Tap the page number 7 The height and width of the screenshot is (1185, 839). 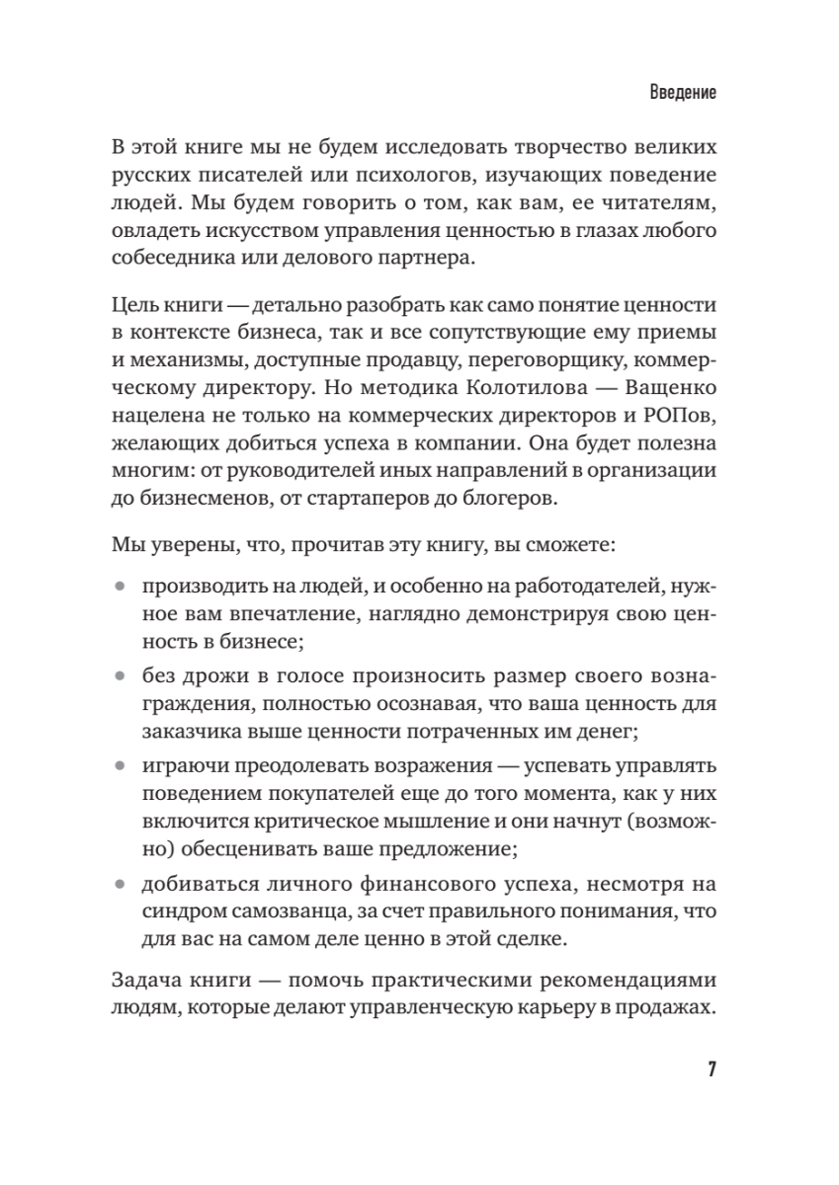point(711,1070)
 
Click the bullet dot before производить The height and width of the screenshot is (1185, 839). point(121,587)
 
